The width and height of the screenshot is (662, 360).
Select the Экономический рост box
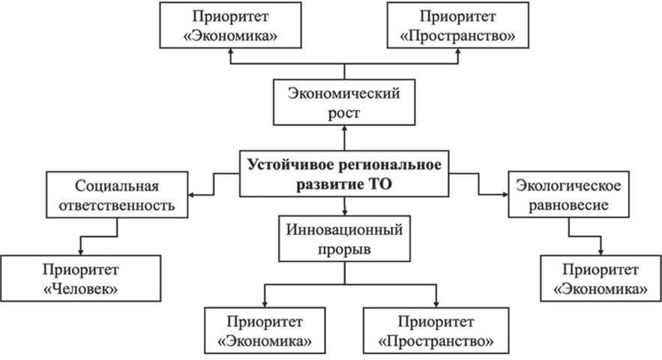345,103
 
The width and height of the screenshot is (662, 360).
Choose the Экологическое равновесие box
562,194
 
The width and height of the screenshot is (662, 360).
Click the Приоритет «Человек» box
79,278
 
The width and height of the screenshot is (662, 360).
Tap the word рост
345,113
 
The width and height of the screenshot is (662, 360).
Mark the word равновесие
562,204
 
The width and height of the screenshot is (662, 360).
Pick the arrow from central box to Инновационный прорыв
345,205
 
